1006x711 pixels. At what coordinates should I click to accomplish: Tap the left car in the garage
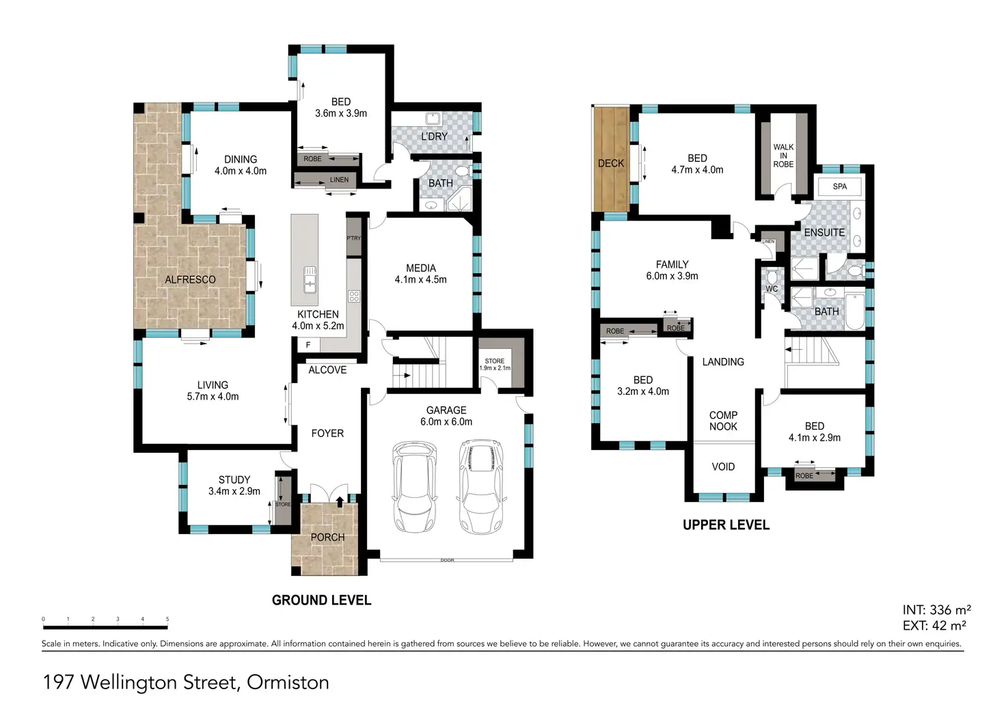coord(414,486)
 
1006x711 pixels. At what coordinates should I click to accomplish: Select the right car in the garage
coord(481,486)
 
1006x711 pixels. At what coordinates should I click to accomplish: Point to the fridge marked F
coord(308,345)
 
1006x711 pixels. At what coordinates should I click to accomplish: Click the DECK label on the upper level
coord(611,163)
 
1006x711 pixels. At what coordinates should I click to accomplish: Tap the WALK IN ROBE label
coord(783,156)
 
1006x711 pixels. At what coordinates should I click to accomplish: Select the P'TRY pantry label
coord(353,238)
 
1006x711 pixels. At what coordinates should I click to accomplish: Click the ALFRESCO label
coord(190,279)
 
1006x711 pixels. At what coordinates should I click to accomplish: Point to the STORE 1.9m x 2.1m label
coord(495,365)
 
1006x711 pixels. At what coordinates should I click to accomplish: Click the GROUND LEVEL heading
coord(322,600)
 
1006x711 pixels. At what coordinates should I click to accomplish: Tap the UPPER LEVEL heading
coord(726,525)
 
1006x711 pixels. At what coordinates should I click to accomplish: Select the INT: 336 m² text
coord(936,609)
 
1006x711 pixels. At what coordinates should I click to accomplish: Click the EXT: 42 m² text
coord(934,625)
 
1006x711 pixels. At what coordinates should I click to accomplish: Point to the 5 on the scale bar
coord(167,619)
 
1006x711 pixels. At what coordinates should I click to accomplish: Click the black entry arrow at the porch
coord(340,501)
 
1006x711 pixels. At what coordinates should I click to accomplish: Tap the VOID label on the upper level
coord(723,466)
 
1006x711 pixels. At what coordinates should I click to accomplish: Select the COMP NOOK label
coord(723,421)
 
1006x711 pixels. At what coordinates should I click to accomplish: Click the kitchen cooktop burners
coord(354,296)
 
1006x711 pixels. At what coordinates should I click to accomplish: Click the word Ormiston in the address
coord(288,682)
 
